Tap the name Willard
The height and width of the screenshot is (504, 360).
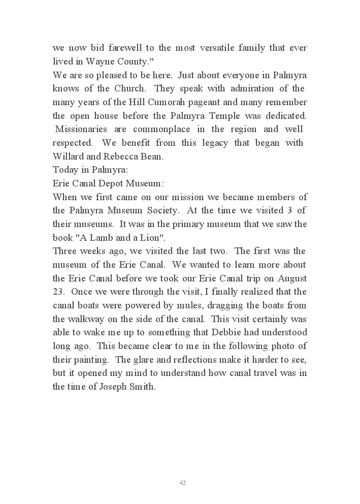coord(67,156)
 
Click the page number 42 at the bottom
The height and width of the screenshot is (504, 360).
coord(183,483)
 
